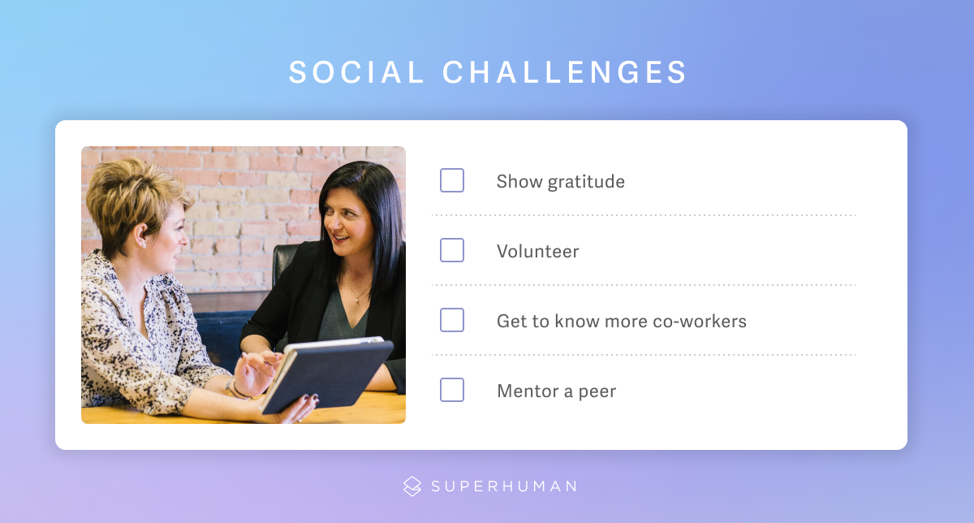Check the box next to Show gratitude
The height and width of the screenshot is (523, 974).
[452, 180]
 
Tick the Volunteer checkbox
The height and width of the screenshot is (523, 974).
[452, 250]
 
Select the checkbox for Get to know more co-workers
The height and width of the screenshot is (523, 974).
[452, 320]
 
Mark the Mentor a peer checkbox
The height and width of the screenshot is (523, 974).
[452, 390]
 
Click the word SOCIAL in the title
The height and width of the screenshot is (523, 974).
[357, 71]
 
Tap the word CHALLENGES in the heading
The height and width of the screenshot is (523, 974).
[564, 71]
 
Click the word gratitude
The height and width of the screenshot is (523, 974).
[586, 182]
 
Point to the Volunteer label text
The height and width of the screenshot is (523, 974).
[538, 252]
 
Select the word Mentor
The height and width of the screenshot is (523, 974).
[528, 391]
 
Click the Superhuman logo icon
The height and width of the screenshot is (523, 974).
[412, 486]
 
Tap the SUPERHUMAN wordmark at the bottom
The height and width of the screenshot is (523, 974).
[504, 486]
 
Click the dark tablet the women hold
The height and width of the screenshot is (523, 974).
[327, 375]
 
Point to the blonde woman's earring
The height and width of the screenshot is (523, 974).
[144, 246]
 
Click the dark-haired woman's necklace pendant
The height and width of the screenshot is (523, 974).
[356, 300]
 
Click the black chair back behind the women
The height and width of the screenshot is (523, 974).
[286, 261]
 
